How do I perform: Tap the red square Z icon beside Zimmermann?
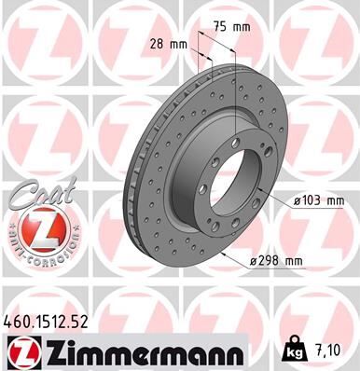click(21, 352)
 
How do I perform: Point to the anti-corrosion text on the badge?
click(35, 250)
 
